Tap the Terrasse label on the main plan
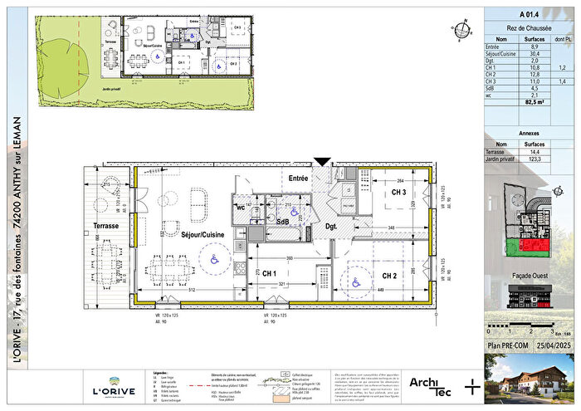[107, 226]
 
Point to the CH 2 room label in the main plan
[391, 276]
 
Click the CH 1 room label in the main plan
[269, 272]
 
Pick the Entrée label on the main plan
[299, 178]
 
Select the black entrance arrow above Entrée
[322, 164]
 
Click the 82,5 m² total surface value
[520, 104]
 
